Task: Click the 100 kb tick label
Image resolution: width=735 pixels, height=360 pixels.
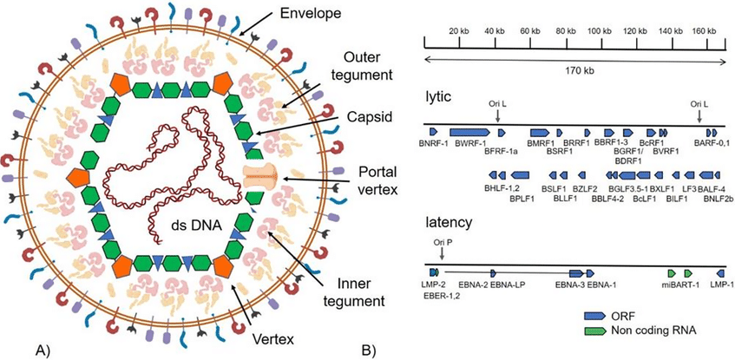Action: coord(600,31)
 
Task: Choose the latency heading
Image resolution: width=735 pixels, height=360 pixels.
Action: coord(445,224)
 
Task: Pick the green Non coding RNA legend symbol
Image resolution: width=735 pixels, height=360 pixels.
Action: coord(595,331)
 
